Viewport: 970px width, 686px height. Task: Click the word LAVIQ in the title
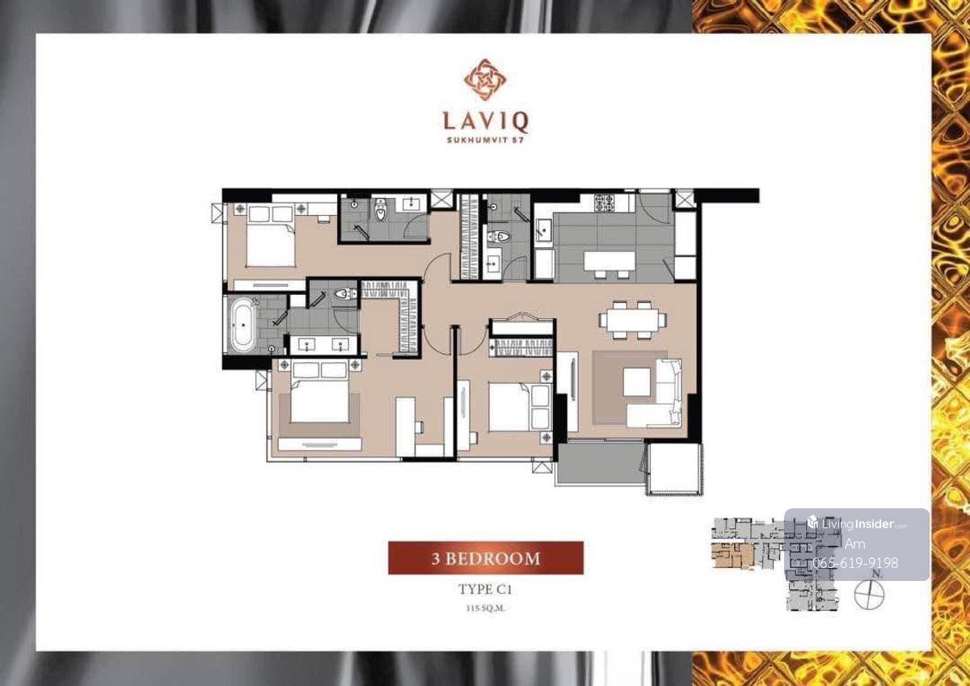point(486,122)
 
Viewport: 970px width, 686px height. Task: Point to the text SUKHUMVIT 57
point(486,140)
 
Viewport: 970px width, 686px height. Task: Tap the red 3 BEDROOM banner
point(486,558)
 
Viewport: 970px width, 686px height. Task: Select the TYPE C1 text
point(485,589)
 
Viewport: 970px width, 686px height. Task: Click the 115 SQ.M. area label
point(485,608)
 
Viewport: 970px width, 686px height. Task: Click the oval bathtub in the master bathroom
point(242,325)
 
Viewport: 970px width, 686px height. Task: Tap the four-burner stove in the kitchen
point(605,202)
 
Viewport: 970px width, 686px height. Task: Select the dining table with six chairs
point(633,320)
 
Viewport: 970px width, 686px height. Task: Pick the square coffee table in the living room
point(637,381)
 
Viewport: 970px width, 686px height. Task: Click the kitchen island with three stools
point(609,264)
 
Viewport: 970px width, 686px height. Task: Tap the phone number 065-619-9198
point(855,562)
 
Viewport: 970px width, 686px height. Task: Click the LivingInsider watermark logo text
point(857,524)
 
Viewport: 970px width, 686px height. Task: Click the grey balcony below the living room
point(601,464)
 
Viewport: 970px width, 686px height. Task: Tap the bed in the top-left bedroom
point(271,236)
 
